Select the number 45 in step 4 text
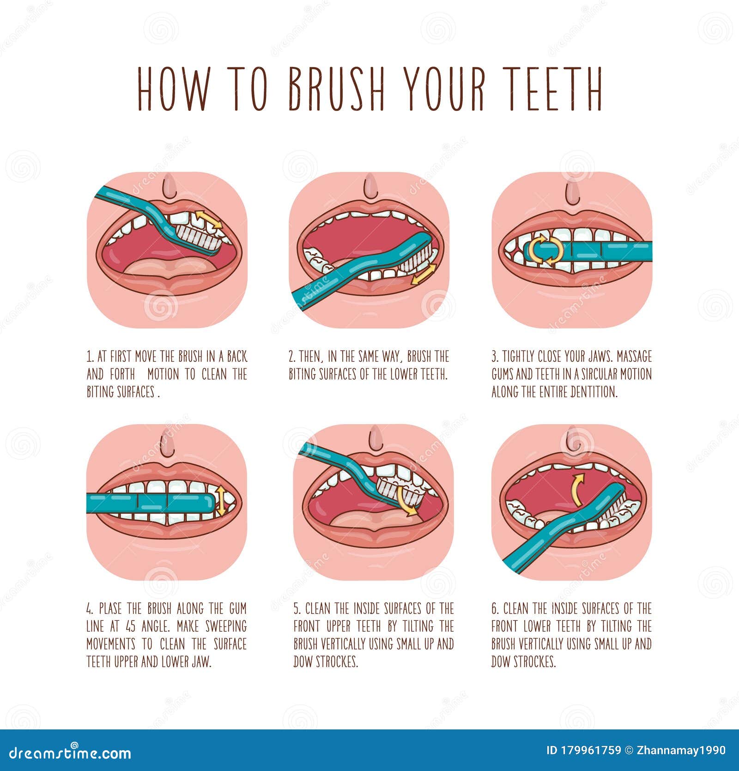pos(132,626)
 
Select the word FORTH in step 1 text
pos(122,374)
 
